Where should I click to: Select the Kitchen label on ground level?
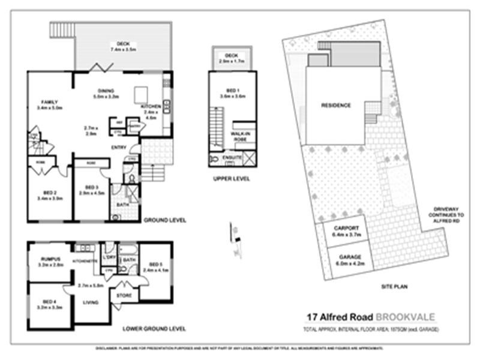151,107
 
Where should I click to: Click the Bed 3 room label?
91,187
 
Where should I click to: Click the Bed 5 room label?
155,264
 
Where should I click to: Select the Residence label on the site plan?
336,106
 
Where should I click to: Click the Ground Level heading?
164,220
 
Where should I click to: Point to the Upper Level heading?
231,178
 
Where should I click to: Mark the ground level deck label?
124,44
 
